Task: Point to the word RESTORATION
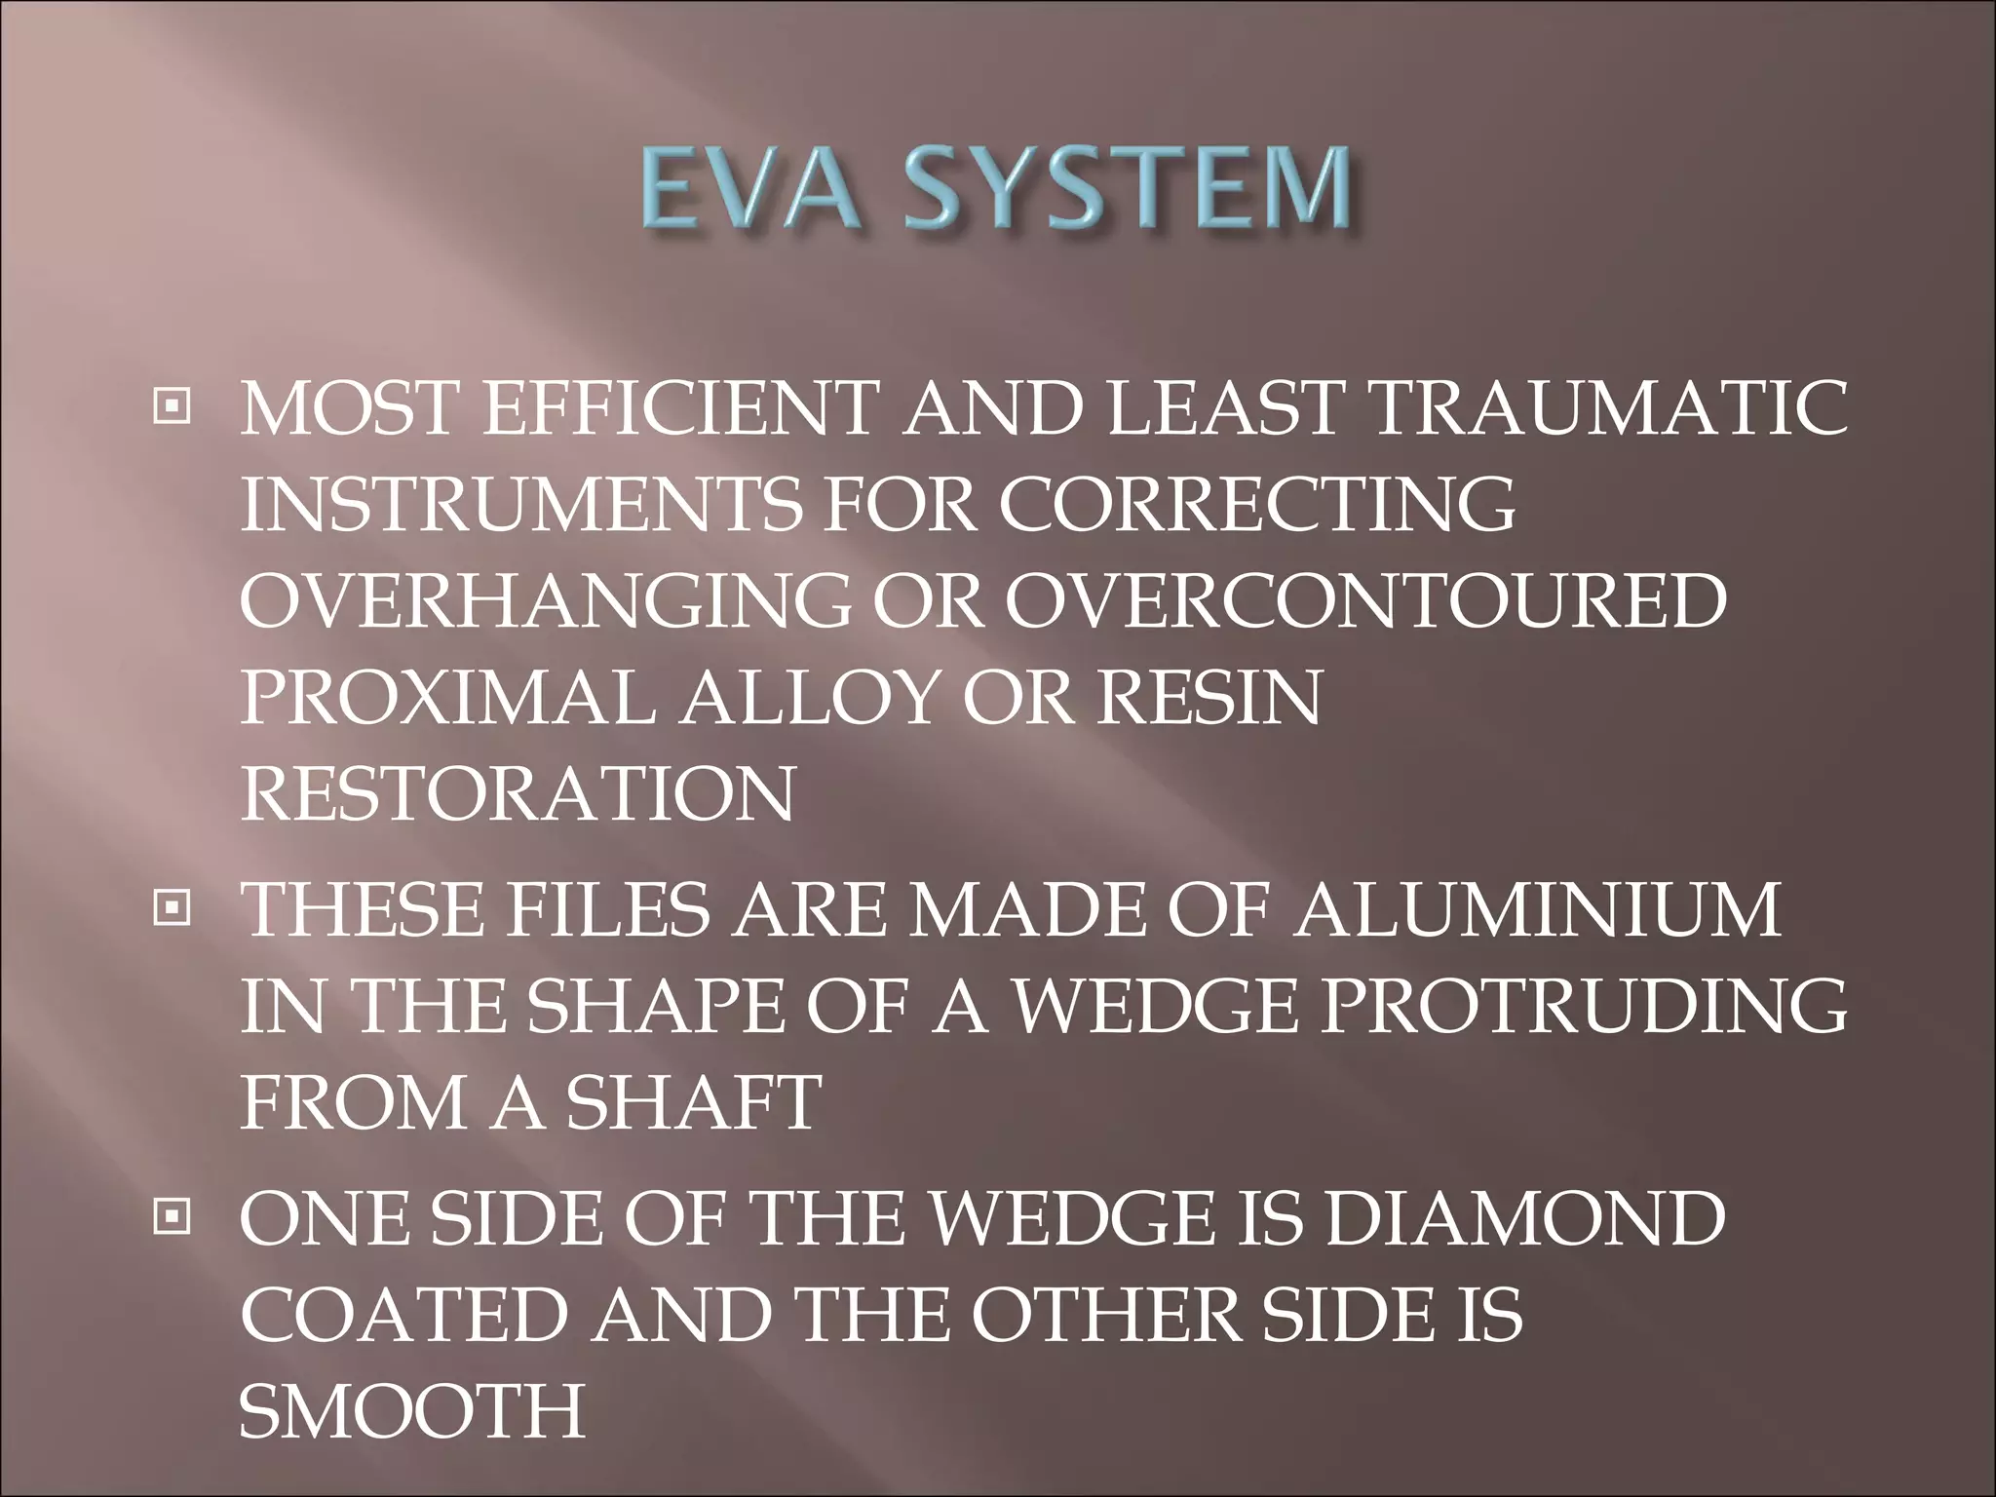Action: click(x=517, y=794)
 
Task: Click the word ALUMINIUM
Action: click(x=1539, y=909)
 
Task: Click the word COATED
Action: click(x=403, y=1315)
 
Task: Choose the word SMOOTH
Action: click(x=411, y=1410)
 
